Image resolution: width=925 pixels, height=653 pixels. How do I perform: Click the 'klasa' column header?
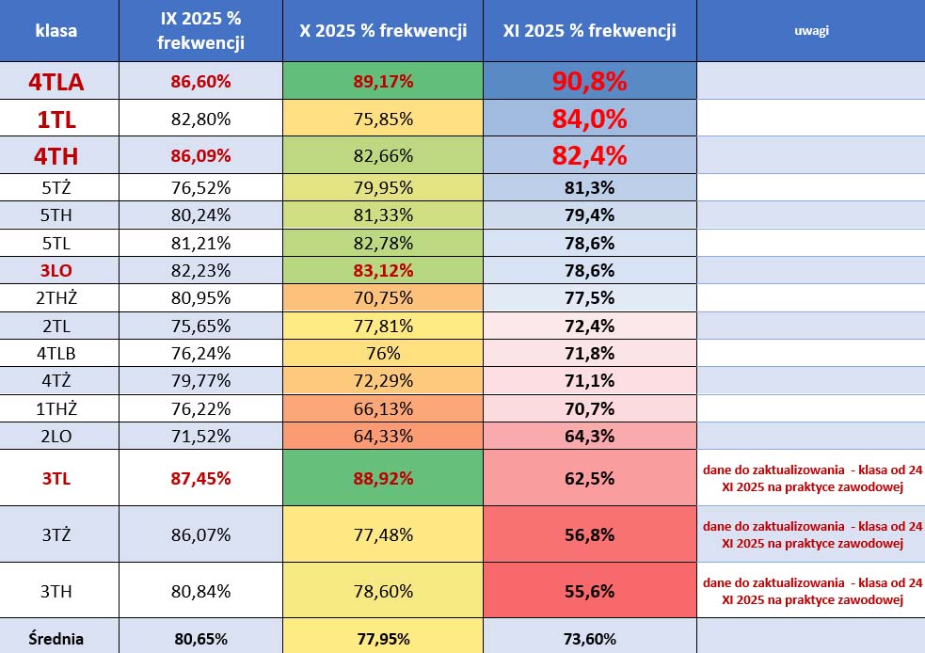click(x=56, y=31)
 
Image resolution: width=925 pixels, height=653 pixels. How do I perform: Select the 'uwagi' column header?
click(x=809, y=31)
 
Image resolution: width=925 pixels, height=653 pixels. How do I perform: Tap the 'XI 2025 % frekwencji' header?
click(x=589, y=31)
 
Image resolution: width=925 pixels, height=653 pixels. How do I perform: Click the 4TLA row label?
click(x=56, y=82)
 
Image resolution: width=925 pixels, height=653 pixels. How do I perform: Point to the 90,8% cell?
click(x=589, y=82)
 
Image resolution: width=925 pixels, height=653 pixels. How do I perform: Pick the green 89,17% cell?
click(x=383, y=82)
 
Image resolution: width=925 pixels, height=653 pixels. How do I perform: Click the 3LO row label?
click(x=56, y=271)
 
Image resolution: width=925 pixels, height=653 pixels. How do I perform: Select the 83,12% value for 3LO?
click(x=383, y=271)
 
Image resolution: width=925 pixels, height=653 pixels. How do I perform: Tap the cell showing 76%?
click(x=383, y=354)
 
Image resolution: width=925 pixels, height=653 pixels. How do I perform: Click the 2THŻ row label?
click(x=56, y=298)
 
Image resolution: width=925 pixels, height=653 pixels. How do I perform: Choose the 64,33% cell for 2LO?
click(x=383, y=437)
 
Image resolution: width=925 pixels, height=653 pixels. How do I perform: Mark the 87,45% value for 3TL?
click(x=200, y=478)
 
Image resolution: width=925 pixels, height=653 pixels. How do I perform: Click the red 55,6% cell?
click(x=589, y=591)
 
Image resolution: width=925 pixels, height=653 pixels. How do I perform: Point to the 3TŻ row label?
click(x=56, y=534)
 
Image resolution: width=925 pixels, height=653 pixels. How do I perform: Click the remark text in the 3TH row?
click(x=812, y=591)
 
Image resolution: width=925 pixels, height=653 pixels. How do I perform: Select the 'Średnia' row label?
click(x=56, y=639)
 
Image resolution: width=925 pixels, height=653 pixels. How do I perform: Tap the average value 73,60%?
click(x=589, y=639)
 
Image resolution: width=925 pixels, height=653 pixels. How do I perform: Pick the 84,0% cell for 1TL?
click(x=589, y=119)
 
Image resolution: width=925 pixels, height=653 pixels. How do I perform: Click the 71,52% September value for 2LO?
click(x=200, y=437)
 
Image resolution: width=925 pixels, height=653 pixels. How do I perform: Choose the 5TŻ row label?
click(x=56, y=187)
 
